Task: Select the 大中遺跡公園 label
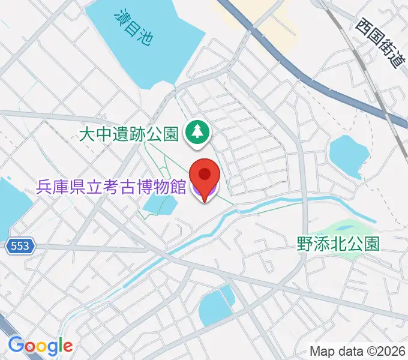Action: [130, 134]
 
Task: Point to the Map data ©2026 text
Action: [356, 351]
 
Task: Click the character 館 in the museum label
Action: [178, 187]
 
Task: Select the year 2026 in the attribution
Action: [391, 351]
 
